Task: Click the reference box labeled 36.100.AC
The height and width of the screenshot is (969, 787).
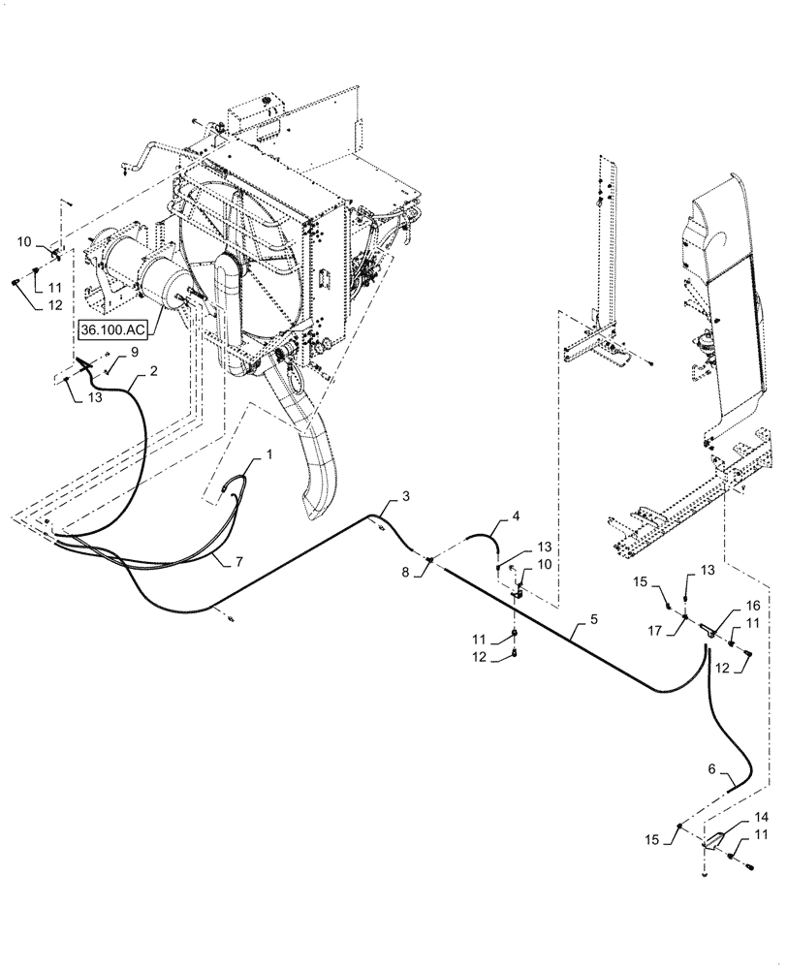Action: [x=111, y=329]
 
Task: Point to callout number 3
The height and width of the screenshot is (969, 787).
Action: [x=406, y=497]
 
